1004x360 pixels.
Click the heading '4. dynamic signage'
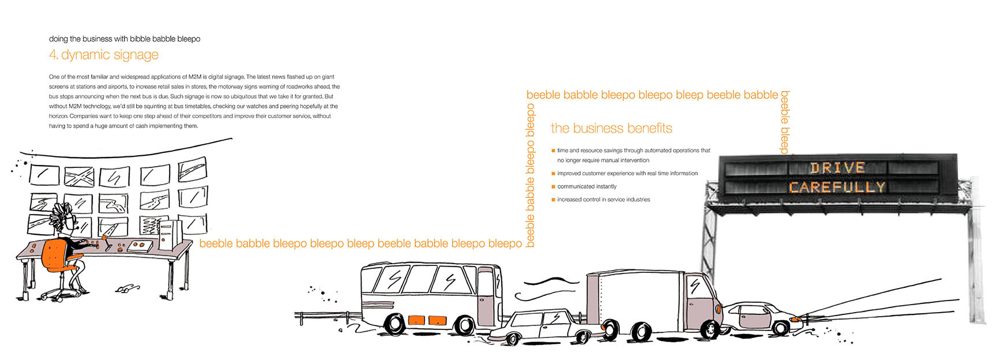pos(104,55)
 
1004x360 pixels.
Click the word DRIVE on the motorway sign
pos(837,168)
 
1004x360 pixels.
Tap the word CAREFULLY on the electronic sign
pos(837,187)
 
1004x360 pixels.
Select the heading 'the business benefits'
pos(611,128)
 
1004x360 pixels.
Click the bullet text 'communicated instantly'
pos(586,186)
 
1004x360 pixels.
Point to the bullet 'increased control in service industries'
pos(603,200)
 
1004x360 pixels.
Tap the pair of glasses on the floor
pos(127,287)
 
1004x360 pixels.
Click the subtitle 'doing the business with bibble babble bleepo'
pos(125,39)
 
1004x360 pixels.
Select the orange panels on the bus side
pos(427,320)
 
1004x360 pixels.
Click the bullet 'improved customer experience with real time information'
pos(627,173)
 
